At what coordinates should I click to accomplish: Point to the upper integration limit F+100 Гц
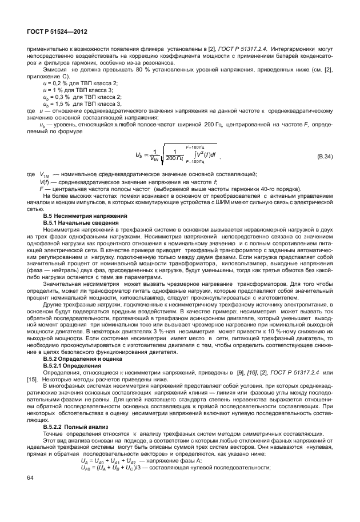[x=196, y=147]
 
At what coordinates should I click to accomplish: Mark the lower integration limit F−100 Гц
[x=196, y=162]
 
